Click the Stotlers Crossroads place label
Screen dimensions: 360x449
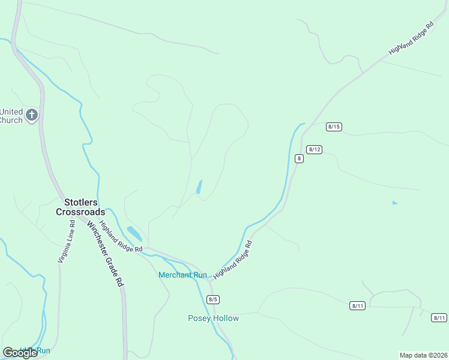coord(80,207)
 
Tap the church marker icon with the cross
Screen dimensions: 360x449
coord(32,115)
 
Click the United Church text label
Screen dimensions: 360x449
coord(11,116)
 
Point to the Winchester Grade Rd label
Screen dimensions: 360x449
coord(105,254)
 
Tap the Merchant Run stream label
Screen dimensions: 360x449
coord(182,275)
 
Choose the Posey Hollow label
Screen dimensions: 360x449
coord(213,318)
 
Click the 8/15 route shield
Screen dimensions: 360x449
coord(334,127)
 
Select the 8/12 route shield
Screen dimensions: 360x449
coord(314,149)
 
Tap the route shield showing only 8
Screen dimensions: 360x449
coord(298,158)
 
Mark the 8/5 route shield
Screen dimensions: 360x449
coord(212,299)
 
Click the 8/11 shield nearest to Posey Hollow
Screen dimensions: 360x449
coord(357,306)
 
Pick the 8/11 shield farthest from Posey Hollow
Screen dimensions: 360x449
coord(439,318)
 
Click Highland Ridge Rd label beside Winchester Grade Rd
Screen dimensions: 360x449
coord(121,236)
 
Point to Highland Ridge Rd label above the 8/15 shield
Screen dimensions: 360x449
coord(411,40)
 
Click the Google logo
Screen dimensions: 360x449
coord(20,353)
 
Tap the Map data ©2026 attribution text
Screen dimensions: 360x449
coord(423,355)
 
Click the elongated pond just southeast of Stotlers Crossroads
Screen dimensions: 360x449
coord(134,233)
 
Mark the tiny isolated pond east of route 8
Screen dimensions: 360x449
coord(394,203)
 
